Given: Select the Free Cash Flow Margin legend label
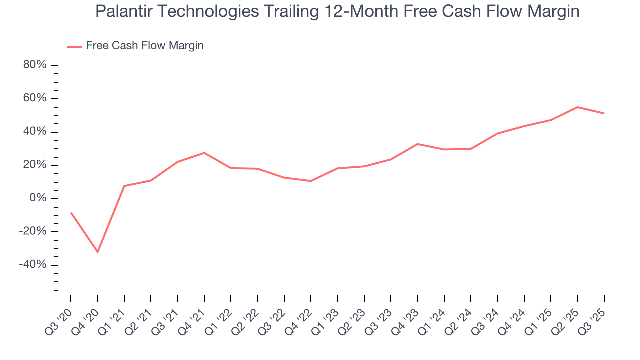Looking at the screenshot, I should point(145,46).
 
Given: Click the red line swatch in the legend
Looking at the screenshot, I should point(75,46).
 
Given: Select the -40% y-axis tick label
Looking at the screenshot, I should point(33,265).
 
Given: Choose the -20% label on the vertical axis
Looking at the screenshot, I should point(33,232).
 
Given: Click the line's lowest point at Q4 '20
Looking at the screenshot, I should point(98,252).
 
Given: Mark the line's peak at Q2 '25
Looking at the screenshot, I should point(577,107).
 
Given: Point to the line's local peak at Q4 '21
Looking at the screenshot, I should point(204,153).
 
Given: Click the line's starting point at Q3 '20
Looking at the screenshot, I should point(71,213).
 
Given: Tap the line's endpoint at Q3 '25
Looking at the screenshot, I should point(604,113).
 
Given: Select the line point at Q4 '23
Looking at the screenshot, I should point(417,144).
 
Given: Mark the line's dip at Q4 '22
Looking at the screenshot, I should point(311,181).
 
